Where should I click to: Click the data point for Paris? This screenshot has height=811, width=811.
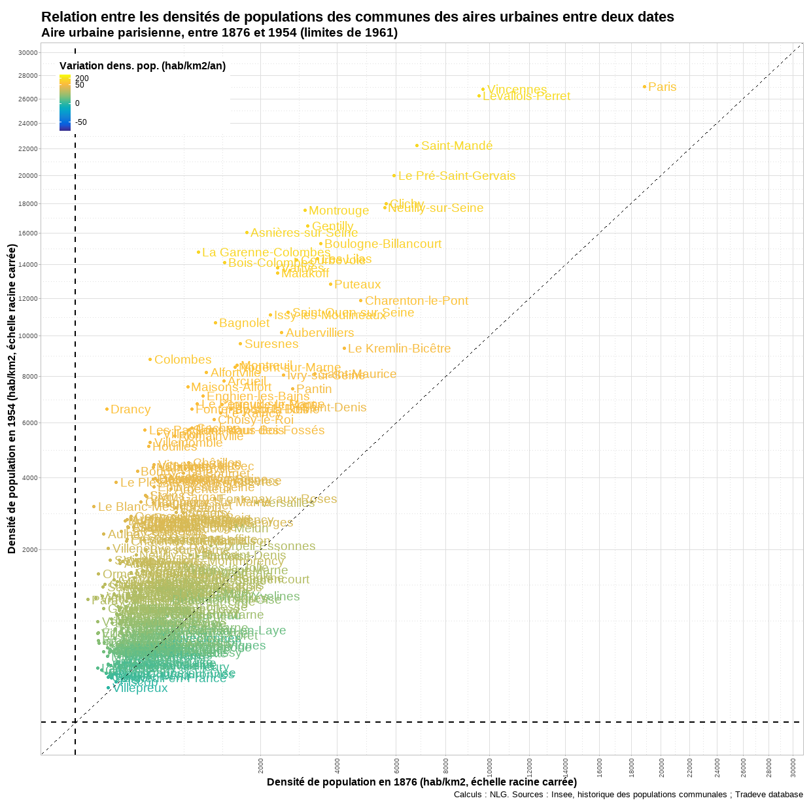pos(644,86)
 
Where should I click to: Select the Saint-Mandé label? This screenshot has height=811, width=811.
pos(457,146)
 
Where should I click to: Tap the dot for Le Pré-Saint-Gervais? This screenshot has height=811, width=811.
pos(394,175)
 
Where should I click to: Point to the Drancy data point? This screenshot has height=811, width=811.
pos(107,409)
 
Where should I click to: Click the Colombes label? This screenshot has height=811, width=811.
pos(182,360)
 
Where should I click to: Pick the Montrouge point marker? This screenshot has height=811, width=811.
pos(305,210)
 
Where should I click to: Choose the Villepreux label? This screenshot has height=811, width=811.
pos(140,688)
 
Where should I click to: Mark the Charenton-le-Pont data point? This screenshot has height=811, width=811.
pos(360,301)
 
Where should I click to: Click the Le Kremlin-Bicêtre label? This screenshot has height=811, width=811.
pos(399,349)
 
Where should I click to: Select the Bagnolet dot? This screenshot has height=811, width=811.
pos(215,322)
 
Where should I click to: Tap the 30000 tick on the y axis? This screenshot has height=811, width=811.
pos(28,52)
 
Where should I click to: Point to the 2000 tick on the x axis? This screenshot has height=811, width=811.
pos(261,765)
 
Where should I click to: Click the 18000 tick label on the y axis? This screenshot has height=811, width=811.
pos(28,203)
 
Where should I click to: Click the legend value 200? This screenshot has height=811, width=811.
pos(82,78)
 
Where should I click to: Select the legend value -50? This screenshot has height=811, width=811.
pos(81,122)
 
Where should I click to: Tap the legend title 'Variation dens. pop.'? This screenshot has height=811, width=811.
pos(142,65)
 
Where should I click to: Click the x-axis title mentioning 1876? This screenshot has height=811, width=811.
pos(421,782)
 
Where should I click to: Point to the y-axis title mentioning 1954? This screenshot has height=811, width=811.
pos(12,399)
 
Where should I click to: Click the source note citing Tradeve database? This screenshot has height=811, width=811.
pos(628,795)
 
